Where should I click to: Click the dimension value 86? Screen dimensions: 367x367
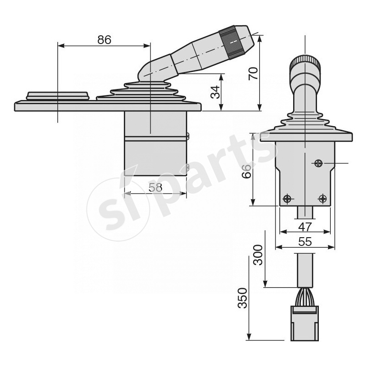(104, 39)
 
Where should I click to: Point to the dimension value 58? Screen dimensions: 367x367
(155, 187)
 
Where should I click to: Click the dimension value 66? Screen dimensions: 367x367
(246, 171)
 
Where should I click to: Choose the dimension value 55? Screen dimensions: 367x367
(305, 241)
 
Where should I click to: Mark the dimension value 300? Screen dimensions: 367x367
(258, 255)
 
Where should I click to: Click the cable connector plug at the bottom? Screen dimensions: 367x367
(305, 323)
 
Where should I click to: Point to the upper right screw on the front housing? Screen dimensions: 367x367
(319, 163)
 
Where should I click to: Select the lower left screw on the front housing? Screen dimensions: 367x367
(287, 199)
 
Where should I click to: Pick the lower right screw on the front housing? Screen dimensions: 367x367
(323, 199)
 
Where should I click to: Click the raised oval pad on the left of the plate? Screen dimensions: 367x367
(58, 95)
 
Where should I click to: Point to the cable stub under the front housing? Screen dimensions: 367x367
(305, 213)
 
